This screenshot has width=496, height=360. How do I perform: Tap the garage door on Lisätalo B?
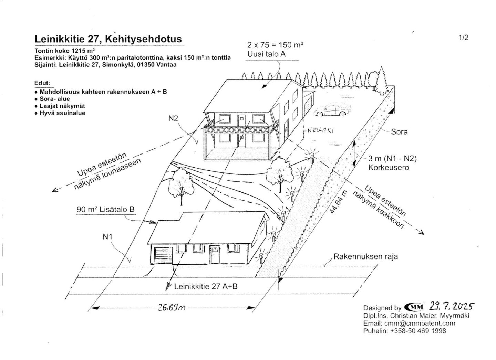pyautogui.click(x=163, y=255)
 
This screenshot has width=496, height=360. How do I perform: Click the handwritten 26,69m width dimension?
pyautogui.click(x=172, y=308)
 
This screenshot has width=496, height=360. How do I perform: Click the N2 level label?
pyautogui.click(x=173, y=118)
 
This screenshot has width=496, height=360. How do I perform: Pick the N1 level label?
pyautogui.click(x=107, y=237)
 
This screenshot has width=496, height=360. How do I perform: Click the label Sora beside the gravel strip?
pyautogui.click(x=399, y=132)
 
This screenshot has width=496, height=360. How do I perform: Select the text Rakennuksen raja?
pyautogui.click(x=365, y=256)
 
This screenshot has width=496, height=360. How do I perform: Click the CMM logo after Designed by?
pyautogui.click(x=414, y=307)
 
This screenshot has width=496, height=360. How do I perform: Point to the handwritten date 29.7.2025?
pyautogui.click(x=452, y=306)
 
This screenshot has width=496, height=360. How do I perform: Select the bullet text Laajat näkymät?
pyautogui.click(x=62, y=106)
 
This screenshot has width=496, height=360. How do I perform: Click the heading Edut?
pyautogui.click(x=42, y=83)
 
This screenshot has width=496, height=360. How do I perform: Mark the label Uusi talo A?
pyautogui.click(x=266, y=54)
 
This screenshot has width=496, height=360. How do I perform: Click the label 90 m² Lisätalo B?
pyautogui.click(x=105, y=209)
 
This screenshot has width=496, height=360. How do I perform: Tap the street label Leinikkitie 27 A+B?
pyautogui.click(x=206, y=287)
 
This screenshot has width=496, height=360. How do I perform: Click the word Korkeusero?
pyautogui.click(x=389, y=168)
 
